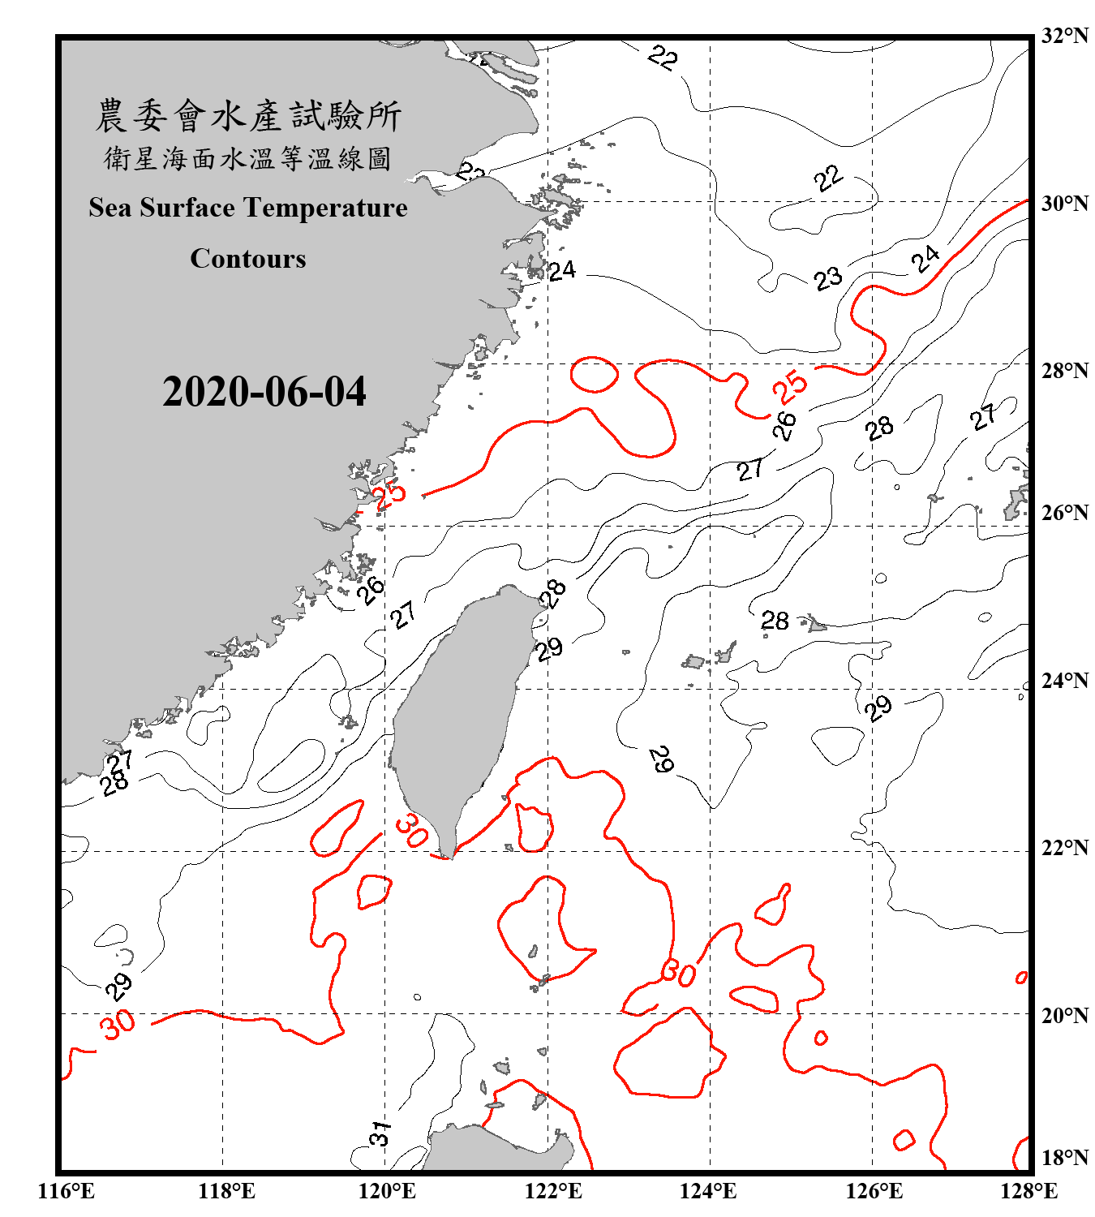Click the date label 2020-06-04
[x=264, y=392]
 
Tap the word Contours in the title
[x=248, y=259]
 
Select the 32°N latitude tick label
[x=1064, y=36]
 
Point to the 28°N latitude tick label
[x=1064, y=370]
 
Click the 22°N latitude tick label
[x=1064, y=848]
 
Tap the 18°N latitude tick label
[x=1064, y=1158]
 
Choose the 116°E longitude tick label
[x=67, y=1191]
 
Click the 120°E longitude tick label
[x=387, y=1191]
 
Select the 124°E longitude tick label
[x=708, y=1191]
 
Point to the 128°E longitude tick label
[x=1028, y=1191]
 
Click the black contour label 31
[x=380, y=1133]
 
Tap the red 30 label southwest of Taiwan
[x=412, y=830]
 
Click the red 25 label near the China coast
[x=389, y=494]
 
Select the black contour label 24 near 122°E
[x=561, y=270]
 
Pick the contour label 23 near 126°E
[x=828, y=279]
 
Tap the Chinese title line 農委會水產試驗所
[x=248, y=116]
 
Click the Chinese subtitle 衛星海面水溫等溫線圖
[x=248, y=159]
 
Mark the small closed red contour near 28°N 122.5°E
[x=595, y=374]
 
